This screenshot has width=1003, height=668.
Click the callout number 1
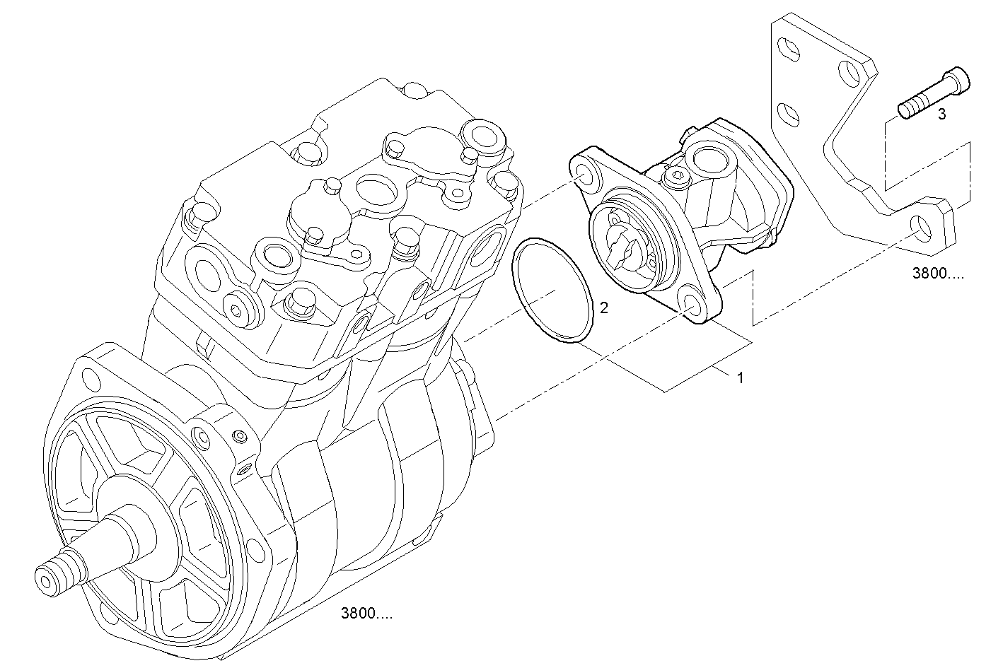point(741,378)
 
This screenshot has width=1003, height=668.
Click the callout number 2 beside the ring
point(603,307)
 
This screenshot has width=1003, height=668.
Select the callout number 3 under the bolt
point(941,115)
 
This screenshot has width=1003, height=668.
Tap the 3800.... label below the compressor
point(366,614)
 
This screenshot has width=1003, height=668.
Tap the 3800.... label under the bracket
point(937,274)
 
